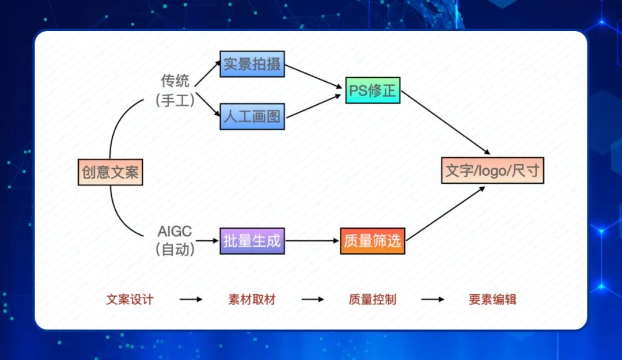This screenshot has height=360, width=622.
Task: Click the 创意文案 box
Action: point(110,172)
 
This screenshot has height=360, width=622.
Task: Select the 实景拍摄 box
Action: point(252,64)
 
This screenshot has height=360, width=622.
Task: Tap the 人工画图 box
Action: point(252,117)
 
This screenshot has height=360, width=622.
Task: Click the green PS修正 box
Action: point(373,90)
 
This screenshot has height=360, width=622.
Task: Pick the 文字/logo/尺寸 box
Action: point(492,170)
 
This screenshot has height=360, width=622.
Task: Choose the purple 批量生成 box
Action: point(252,241)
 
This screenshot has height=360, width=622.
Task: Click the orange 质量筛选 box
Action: point(372,241)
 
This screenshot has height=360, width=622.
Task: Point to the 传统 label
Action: point(175,81)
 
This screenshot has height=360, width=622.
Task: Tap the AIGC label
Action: point(175,232)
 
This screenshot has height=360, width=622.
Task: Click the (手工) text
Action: point(175,100)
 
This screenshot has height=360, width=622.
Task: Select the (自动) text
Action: point(175,250)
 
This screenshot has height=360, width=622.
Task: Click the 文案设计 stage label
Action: point(130,300)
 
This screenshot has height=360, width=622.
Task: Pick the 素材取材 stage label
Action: point(252,300)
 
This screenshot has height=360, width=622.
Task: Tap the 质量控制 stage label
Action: point(372,300)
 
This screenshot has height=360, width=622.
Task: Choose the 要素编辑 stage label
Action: point(492,300)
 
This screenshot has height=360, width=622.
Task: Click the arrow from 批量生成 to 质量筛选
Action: point(312,241)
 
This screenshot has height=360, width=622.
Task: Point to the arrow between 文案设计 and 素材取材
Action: point(191,300)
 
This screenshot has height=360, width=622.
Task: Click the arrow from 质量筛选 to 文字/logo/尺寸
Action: point(445,213)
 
